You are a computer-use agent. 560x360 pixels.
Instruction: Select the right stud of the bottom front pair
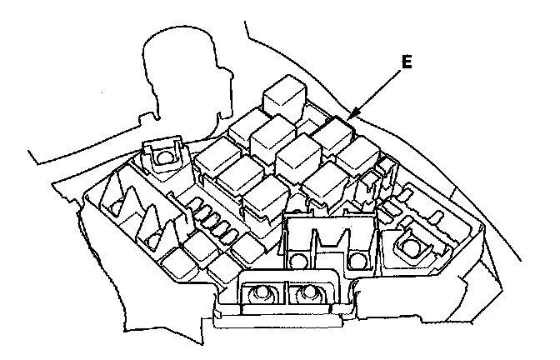click(x=309, y=293)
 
